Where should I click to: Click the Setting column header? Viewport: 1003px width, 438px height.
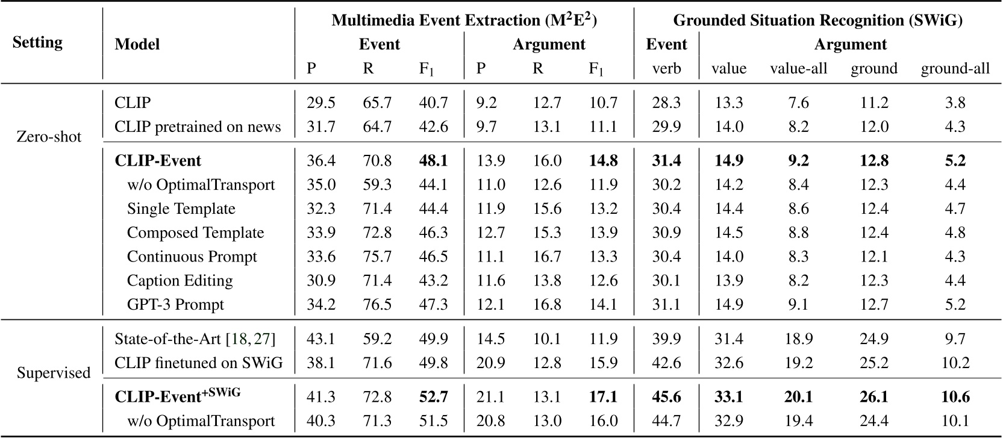pos(37,43)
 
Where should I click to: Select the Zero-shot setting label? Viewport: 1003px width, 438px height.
pos(49,137)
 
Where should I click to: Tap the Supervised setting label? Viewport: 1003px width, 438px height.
pos(54,373)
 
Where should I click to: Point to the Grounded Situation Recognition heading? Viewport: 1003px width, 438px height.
pos(817,20)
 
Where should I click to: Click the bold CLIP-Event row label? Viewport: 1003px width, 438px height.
pos(158,161)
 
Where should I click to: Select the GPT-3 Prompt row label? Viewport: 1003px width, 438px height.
pos(175,304)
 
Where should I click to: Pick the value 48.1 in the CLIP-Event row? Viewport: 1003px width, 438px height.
pos(433,161)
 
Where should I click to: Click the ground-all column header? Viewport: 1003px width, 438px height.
pos(955,69)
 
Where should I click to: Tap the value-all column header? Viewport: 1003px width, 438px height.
pos(798,69)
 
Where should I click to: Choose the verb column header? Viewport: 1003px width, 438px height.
pos(666,69)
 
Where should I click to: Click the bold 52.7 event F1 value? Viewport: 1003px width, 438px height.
pos(433,397)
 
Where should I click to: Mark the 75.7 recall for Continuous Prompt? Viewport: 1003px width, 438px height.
pos(377,257)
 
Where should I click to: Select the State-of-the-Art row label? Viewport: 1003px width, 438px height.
pos(195,339)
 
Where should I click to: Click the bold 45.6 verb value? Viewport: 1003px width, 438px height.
pos(666,397)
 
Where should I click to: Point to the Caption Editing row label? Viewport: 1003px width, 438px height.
pos(180,281)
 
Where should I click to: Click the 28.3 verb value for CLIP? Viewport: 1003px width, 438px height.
pos(666,103)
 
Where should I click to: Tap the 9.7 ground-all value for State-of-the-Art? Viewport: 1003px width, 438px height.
pos(955,339)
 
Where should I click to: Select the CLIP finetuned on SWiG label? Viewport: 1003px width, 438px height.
pos(198,363)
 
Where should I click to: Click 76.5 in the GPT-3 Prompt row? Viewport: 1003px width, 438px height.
pos(377,304)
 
